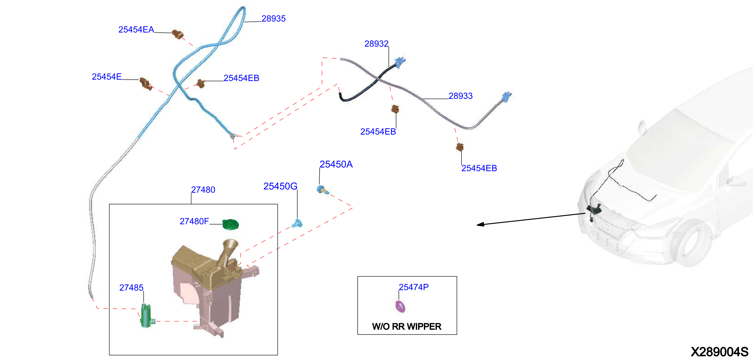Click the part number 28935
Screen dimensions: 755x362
pos(274,19)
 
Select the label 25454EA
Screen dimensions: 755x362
pos(136,30)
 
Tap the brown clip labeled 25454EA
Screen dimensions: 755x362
pos(177,34)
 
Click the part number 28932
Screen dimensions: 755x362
pos(376,44)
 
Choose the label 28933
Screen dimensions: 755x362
pos(461,96)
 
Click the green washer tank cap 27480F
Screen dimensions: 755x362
pos(230,224)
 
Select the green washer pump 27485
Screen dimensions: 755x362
pos(147,316)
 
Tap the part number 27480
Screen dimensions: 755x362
pos(203,190)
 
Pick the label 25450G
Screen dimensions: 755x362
pos(280,186)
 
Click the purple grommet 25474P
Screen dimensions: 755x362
pos(400,307)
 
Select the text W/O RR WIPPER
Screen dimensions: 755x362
pos(407,326)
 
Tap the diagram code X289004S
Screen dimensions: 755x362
pos(720,352)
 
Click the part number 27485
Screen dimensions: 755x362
pos(131,288)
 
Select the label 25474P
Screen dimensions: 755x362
pos(413,287)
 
